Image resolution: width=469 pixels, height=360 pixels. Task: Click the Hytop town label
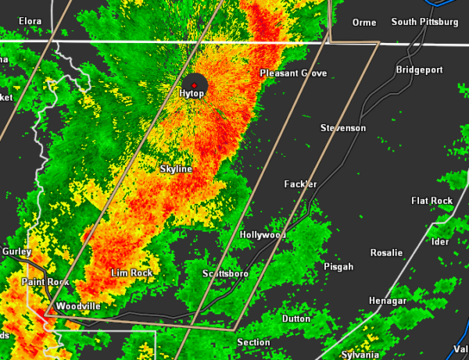click(x=192, y=94)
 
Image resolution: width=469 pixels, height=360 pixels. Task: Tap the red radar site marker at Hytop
click(x=194, y=84)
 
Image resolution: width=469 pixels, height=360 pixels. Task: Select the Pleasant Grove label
click(x=293, y=73)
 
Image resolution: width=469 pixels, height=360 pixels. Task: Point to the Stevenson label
click(x=343, y=127)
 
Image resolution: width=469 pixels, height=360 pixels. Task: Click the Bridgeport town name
click(x=418, y=70)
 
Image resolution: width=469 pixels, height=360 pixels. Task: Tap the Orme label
click(x=364, y=22)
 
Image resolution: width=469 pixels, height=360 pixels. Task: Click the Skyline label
click(x=176, y=169)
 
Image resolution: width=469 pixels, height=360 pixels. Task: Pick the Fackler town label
click(x=300, y=184)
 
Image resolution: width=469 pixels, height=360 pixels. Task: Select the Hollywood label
click(x=263, y=234)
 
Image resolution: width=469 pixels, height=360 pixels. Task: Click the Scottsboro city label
click(x=225, y=274)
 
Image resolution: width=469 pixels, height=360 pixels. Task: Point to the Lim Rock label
click(x=131, y=273)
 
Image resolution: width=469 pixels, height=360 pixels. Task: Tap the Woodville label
click(x=78, y=306)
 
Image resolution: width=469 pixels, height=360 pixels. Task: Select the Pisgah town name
click(x=338, y=267)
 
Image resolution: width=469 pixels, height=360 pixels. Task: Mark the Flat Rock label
click(x=432, y=201)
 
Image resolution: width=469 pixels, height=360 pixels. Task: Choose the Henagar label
click(x=388, y=301)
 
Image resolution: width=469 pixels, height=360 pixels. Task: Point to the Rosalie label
click(x=386, y=252)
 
